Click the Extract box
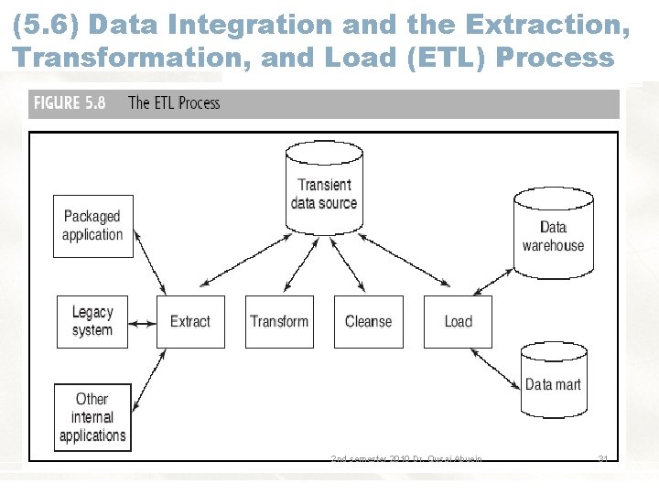(x=190, y=321)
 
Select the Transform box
(x=279, y=321)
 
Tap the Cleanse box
(x=368, y=321)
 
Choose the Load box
(x=458, y=321)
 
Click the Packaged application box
(x=92, y=225)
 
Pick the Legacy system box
(x=92, y=321)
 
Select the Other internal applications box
(x=92, y=418)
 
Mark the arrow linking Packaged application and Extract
(x=149, y=271)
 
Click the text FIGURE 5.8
(x=70, y=102)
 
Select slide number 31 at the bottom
(x=602, y=458)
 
